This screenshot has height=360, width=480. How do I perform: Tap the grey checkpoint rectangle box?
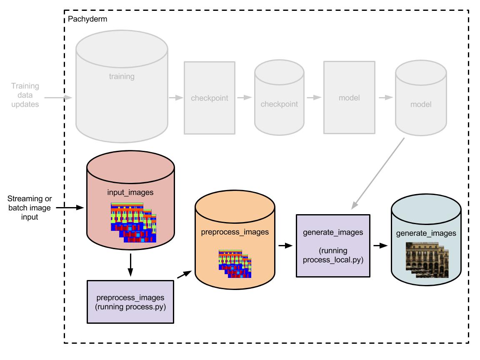tap(210, 98)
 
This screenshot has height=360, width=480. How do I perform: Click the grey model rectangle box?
tap(349, 98)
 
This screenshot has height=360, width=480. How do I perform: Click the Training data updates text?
tap(25, 95)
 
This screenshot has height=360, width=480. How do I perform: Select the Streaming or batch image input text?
tap(30, 207)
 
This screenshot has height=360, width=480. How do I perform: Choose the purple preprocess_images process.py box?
tap(130, 302)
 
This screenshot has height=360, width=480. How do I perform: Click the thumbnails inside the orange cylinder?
tap(235, 264)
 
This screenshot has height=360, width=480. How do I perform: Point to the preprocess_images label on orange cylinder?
tap(235, 232)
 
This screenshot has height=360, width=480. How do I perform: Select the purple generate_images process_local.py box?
tap(332, 245)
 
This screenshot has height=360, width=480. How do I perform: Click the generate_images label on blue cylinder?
tap(426, 233)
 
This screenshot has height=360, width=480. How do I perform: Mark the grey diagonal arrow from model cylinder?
tap(378, 173)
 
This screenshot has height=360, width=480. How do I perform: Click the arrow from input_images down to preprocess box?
tap(130, 265)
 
